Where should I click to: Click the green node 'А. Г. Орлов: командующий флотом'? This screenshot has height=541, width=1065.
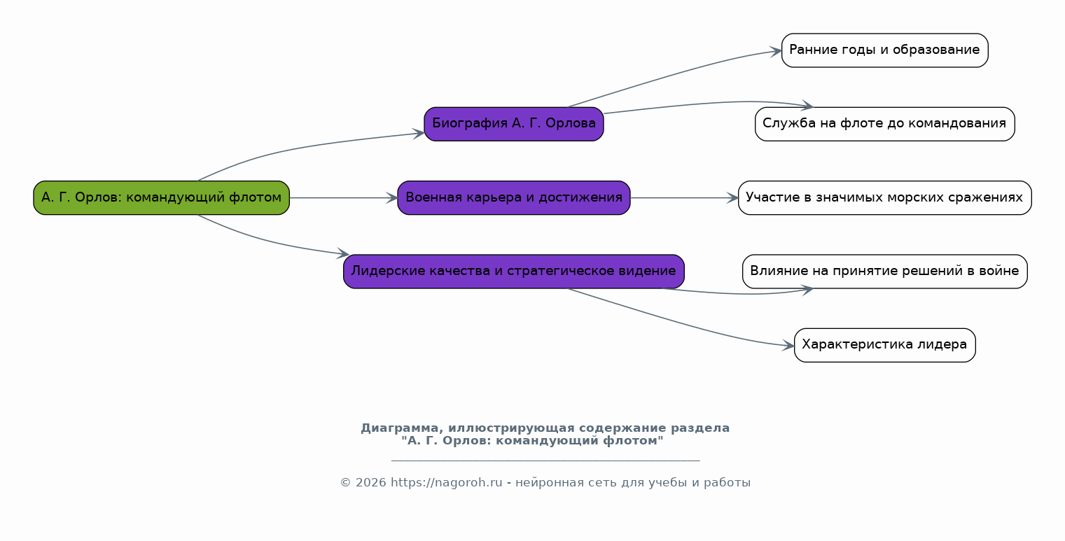(161, 198)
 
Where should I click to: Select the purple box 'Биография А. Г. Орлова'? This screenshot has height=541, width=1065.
(513, 124)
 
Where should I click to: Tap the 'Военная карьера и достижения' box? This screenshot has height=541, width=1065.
(513, 198)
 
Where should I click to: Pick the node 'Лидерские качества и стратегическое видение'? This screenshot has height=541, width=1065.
(513, 272)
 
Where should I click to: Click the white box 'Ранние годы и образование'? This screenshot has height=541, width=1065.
(885, 50)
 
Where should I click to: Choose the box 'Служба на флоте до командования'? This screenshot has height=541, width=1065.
(885, 124)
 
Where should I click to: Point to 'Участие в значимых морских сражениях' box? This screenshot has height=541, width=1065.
(885, 198)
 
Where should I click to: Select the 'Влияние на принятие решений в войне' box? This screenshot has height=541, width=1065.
(885, 272)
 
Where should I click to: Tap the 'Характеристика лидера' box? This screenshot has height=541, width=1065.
(885, 345)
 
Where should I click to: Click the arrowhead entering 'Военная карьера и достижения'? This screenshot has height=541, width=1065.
(392, 198)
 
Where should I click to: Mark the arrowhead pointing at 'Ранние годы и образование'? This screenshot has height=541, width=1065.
(776, 51)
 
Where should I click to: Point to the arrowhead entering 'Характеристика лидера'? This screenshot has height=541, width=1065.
(788, 346)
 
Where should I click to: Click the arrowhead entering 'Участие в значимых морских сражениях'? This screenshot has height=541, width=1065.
(732, 198)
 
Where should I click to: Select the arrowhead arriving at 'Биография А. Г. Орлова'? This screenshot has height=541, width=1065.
(419, 134)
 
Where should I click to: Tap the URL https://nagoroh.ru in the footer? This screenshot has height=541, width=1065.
(447, 483)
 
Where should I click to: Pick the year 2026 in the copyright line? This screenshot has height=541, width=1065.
(371, 483)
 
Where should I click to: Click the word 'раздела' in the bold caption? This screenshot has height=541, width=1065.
(700, 428)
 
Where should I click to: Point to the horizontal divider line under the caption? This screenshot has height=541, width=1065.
(545, 461)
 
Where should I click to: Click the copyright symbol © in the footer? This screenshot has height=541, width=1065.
(346, 483)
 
